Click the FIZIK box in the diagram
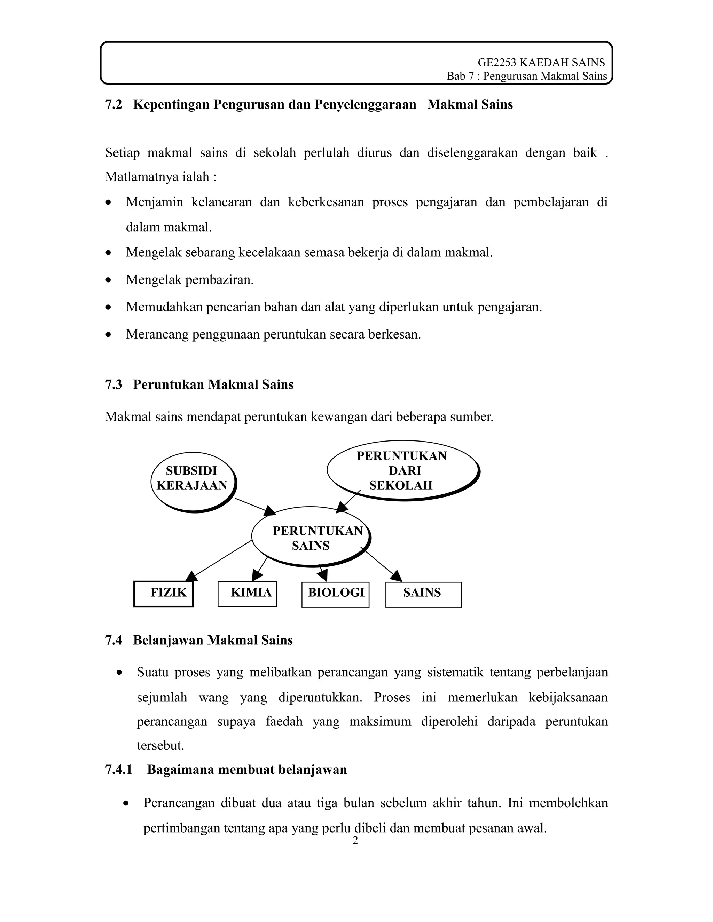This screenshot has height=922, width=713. [164, 594]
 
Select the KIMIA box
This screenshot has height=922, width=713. [247, 594]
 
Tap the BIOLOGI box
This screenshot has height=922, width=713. [335, 594]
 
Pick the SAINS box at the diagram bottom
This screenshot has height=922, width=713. [423, 594]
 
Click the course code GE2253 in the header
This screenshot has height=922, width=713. [497, 63]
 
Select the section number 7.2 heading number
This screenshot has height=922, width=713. [113, 104]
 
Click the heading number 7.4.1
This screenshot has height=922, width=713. [119, 770]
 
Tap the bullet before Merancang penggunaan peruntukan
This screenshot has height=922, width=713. [109, 335]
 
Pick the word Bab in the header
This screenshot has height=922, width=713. [455, 77]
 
